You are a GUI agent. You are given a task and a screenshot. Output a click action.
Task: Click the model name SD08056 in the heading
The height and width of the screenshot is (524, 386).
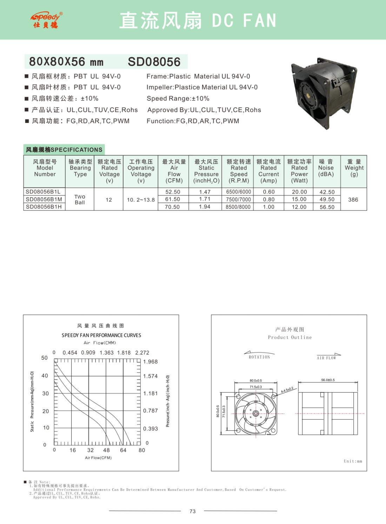(x=154, y=62)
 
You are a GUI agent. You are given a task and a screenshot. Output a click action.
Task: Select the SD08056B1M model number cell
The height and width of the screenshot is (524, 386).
(x=44, y=199)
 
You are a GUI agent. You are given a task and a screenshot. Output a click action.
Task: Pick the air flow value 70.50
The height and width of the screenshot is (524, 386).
(x=173, y=207)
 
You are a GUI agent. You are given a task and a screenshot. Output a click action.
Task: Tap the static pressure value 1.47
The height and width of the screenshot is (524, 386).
(x=205, y=192)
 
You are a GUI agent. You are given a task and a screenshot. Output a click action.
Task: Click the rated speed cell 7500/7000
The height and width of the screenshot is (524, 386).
(x=239, y=199)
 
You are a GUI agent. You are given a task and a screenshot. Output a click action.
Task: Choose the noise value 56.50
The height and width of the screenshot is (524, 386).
(x=327, y=207)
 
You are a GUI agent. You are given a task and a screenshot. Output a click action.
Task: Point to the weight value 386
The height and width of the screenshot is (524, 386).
(x=353, y=200)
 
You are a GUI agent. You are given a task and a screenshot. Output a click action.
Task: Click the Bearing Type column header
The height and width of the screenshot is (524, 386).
(x=80, y=168)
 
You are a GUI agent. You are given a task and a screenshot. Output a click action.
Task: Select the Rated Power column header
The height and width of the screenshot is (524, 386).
(x=299, y=171)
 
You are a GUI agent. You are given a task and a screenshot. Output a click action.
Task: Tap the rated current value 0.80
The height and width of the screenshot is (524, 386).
(x=269, y=199)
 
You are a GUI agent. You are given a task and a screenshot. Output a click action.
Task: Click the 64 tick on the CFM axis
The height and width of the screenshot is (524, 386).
(x=123, y=450)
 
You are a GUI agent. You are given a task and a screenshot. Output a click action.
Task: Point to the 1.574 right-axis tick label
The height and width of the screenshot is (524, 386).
(x=150, y=376)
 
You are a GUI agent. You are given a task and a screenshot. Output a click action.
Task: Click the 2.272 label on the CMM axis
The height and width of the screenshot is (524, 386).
(x=142, y=353)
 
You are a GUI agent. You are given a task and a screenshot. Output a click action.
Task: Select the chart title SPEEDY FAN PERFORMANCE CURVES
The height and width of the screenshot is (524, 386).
(x=101, y=335)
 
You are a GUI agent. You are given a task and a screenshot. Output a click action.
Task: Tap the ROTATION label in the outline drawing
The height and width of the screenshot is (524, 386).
(x=259, y=357)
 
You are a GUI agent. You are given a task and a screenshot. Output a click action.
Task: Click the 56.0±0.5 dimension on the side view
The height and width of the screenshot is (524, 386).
(x=328, y=380)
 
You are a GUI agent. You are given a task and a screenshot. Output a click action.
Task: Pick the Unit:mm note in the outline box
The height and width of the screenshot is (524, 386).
(x=353, y=461)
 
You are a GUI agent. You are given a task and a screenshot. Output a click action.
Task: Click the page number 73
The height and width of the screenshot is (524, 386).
(x=193, y=511)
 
